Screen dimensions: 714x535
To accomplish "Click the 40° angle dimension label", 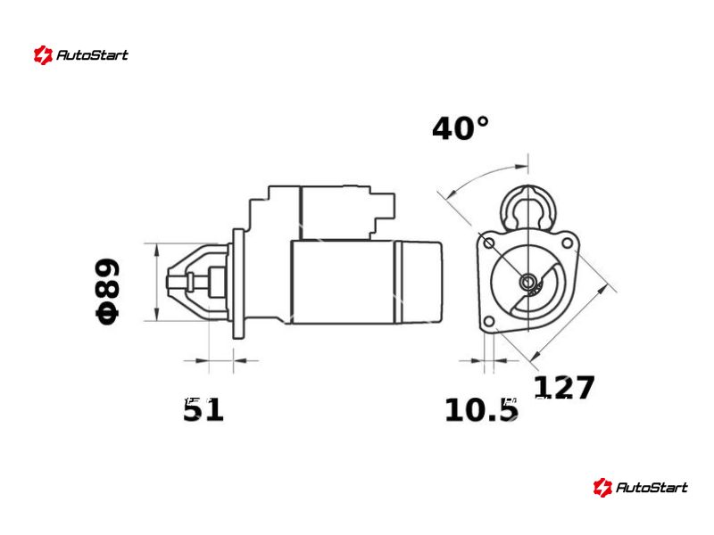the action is pyautogui.click(x=461, y=128).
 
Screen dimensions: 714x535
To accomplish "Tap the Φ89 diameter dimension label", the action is pyautogui.click(x=107, y=292).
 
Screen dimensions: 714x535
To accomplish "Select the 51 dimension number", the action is pyautogui.click(x=203, y=409).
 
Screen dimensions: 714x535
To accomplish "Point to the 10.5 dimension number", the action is pyautogui.click(x=481, y=409).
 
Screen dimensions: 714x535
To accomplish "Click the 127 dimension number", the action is pyautogui.click(x=564, y=387).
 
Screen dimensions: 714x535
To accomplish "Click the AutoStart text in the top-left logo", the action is pyautogui.click(x=93, y=55).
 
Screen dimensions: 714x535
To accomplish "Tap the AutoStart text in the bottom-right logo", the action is pyautogui.click(x=652, y=488).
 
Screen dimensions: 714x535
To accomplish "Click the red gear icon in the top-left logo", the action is pyautogui.click(x=43, y=55).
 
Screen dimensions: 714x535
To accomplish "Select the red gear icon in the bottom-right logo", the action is pyautogui.click(x=602, y=488).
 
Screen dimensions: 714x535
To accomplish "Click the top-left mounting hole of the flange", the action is pyautogui.click(x=488, y=243).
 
